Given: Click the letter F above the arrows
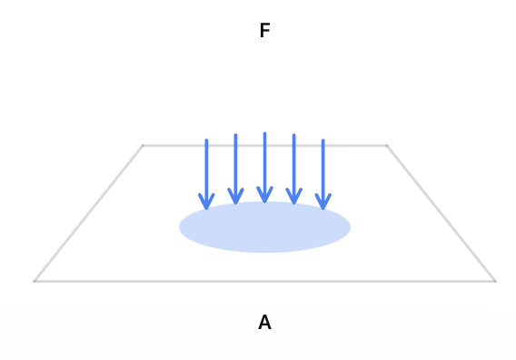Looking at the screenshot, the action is pyautogui.click(x=265, y=30).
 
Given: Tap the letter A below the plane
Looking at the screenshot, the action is pyautogui.click(x=265, y=322).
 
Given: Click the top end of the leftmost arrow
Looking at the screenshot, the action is pyautogui.click(x=206, y=140).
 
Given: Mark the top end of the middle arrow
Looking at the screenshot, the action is pyautogui.click(x=264, y=134).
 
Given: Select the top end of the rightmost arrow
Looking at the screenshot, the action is pyautogui.click(x=323, y=140).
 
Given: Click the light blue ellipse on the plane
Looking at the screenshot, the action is pyautogui.click(x=264, y=227).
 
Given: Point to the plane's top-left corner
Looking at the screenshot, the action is pyautogui.click(x=143, y=145).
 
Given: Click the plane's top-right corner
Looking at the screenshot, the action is pyautogui.click(x=387, y=145).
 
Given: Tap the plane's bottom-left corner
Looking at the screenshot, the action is pyautogui.click(x=35, y=281).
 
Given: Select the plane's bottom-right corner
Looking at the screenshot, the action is pyautogui.click(x=495, y=281).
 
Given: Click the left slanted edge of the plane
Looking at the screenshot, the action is pyautogui.click(x=88, y=214).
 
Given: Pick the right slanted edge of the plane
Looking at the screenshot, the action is pyautogui.click(x=441, y=214).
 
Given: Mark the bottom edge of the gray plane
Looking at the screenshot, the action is pyautogui.click(x=264, y=281).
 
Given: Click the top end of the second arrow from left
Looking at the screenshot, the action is pyautogui.click(x=235, y=135).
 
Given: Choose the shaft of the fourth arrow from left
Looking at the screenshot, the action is pyautogui.click(x=293, y=168).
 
